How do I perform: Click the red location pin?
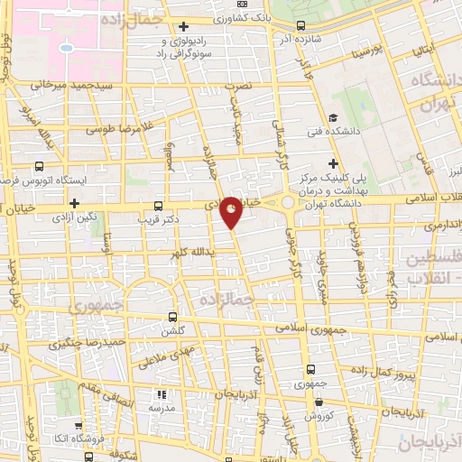pyautogui.click(x=232, y=209)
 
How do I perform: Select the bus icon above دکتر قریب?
pyautogui.click(x=159, y=205)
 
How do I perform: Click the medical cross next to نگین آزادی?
pyautogui.click(x=74, y=205)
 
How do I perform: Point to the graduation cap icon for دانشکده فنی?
pyautogui.click(x=333, y=117)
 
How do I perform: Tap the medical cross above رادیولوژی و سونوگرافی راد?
pyautogui.click(x=184, y=26)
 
